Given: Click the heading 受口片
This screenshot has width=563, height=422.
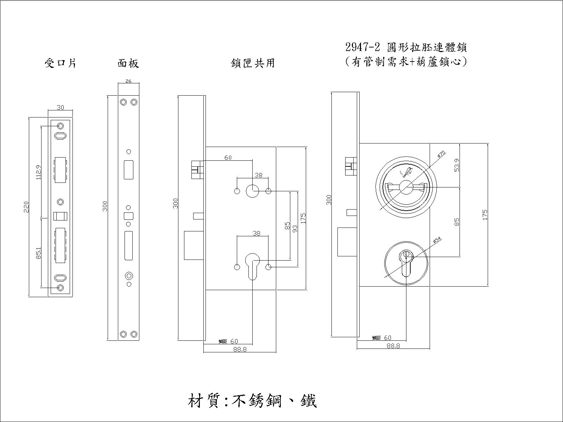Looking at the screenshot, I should pyautogui.click(x=61, y=63).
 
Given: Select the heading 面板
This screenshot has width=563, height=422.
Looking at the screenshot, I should pyautogui.click(x=128, y=63).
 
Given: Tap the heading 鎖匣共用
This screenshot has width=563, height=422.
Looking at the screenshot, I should pyautogui.click(x=253, y=63).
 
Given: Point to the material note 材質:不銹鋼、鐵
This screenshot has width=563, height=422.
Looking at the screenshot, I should pyautogui.click(x=252, y=401).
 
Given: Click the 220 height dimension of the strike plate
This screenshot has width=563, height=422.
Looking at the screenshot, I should pyautogui.click(x=26, y=207).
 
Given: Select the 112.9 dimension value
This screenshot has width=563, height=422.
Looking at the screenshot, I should pyautogui.click(x=39, y=172).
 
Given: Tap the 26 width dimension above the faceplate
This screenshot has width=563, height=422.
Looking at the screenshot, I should pyautogui.click(x=128, y=81).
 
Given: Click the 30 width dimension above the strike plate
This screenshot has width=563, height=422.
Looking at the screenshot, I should pyautogui.click(x=61, y=108).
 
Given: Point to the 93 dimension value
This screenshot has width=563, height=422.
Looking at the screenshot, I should pyautogui.click(x=295, y=229).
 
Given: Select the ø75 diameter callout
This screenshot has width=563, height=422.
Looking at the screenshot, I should pyautogui.click(x=441, y=154).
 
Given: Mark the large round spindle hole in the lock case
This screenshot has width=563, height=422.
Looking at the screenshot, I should pyautogui.click(x=252, y=191).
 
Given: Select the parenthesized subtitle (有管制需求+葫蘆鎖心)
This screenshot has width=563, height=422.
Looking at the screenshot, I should pyautogui.click(x=406, y=62).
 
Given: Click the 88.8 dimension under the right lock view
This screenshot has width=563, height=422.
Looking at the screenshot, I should pyautogui.click(x=393, y=346).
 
